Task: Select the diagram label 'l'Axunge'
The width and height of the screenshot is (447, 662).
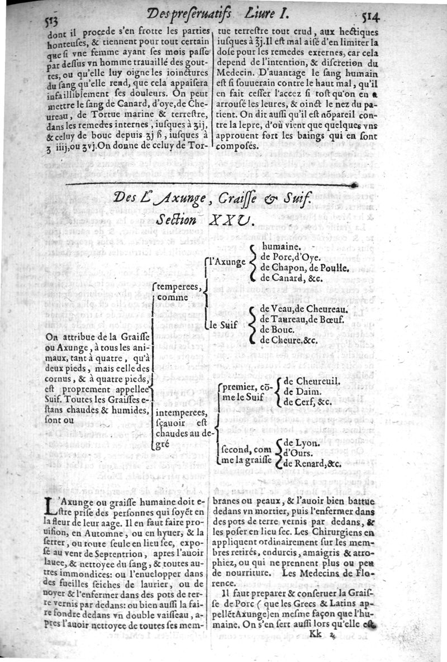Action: tap(224, 261)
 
